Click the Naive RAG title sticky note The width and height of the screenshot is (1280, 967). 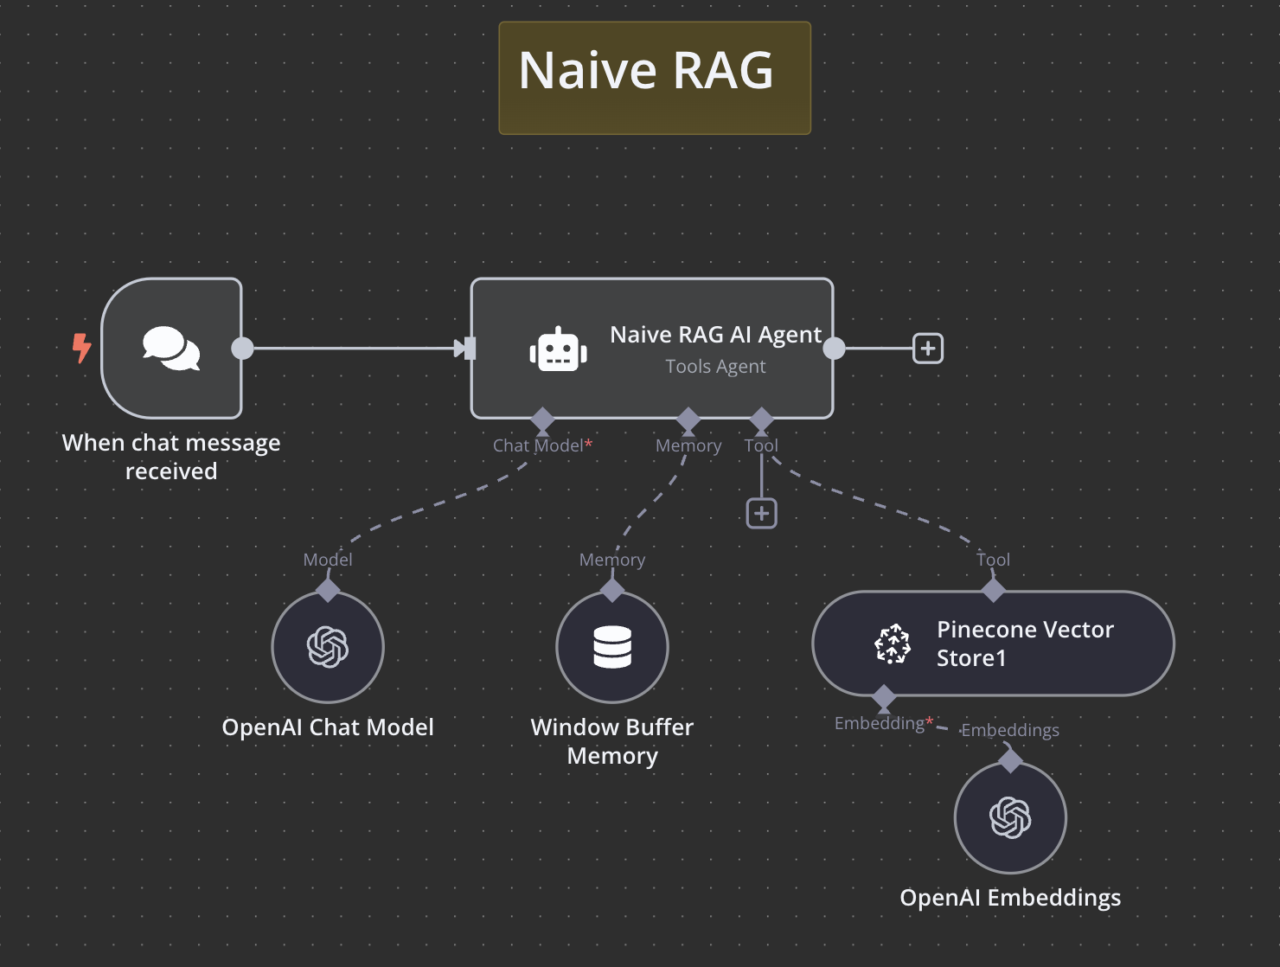pyautogui.click(x=654, y=78)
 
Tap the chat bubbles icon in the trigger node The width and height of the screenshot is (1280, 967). pyautogui.click(x=171, y=349)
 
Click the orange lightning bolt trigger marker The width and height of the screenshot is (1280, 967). pyautogui.click(x=81, y=348)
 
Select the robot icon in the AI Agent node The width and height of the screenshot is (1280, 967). pyautogui.click(x=558, y=350)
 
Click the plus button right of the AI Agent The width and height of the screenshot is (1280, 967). pyautogui.click(x=928, y=349)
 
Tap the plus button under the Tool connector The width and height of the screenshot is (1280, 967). pyautogui.click(x=761, y=514)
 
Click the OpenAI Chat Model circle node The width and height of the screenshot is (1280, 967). pyautogui.click(x=328, y=647)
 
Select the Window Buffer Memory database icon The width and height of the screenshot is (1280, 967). pyautogui.click(x=612, y=647)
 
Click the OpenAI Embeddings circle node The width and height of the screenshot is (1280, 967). pyautogui.click(x=1010, y=817)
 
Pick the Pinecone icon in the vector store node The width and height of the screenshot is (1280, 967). pyautogui.click(x=893, y=644)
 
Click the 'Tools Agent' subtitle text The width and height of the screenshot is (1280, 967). pyautogui.click(x=715, y=367)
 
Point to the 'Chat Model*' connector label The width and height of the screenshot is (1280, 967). pyautogui.click(x=541, y=445)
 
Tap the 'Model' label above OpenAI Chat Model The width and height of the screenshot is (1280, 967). pyautogui.click(x=328, y=560)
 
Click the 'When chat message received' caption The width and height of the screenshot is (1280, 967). pyautogui.click(x=171, y=457)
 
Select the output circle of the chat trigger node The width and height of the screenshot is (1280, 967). pyautogui.click(x=243, y=349)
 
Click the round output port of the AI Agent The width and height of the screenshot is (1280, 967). pyautogui.click(x=834, y=349)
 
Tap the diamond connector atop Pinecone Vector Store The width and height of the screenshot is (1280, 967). pyautogui.click(x=993, y=591)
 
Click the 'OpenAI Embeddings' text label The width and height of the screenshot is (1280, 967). pyautogui.click(x=1010, y=898)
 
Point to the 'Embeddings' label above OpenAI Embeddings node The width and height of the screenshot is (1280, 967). pyautogui.click(x=1010, y=730)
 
